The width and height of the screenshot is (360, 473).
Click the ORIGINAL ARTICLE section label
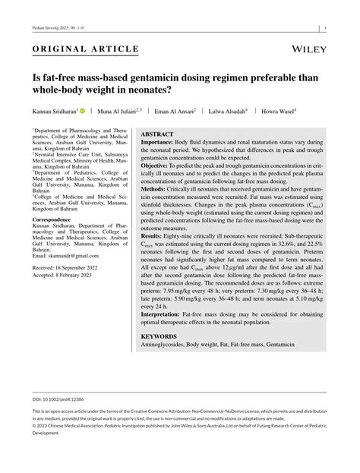[x=85, y=49]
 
